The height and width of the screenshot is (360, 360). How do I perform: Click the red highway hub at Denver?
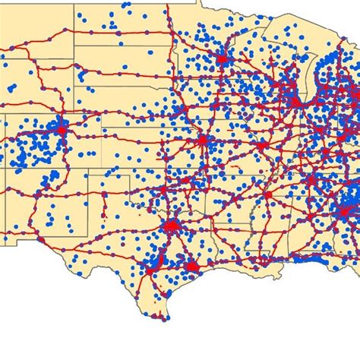coord(60,130)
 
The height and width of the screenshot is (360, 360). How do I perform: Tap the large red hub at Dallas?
coord(173,226)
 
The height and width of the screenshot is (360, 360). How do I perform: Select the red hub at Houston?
coord(191,267)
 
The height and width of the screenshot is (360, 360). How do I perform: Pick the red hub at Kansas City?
coord(203,141)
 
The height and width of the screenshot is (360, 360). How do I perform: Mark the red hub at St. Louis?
coord(261,144)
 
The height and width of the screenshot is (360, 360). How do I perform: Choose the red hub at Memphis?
coord(267,195)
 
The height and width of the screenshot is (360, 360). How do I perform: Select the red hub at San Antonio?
coord(150,270)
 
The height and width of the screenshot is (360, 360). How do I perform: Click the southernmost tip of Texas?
coord(161,317)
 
